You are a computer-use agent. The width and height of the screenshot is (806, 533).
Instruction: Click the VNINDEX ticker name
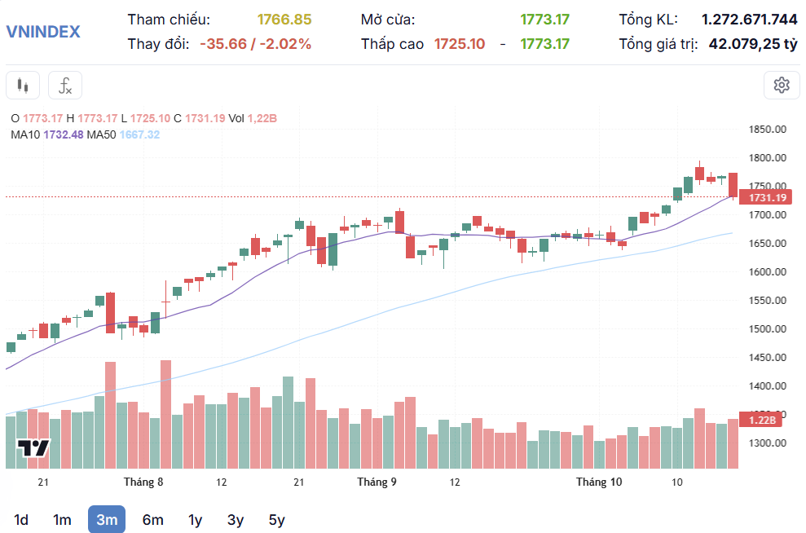click(43, 32)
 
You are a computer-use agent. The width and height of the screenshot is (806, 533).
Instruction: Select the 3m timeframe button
click(107, 519)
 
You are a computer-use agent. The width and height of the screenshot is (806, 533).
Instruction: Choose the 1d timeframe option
click(22, 519)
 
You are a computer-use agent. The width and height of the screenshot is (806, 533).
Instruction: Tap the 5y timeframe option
click(277, 519)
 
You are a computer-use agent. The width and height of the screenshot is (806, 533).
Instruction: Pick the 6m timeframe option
click(152, 519)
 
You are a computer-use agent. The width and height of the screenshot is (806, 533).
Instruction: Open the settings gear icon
click(782, 85)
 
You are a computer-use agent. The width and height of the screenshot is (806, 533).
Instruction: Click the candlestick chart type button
click(23, 85)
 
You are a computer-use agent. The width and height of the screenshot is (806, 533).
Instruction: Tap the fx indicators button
click(65, 85)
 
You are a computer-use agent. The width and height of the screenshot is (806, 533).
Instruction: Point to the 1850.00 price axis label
click(767, 130)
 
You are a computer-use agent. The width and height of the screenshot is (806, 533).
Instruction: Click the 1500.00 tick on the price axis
click(767, 329)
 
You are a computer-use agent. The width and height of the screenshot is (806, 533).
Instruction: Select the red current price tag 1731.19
click(767, 197)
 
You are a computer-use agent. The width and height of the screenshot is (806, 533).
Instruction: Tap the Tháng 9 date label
click(377, 482)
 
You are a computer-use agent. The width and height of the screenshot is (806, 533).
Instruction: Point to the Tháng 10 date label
click(599, 482)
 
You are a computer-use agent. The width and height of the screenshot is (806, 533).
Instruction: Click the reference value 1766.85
click(284, 20)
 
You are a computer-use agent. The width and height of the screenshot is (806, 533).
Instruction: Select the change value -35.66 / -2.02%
click(255, 44)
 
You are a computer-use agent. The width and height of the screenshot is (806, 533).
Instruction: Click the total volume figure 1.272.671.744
click(749, 20)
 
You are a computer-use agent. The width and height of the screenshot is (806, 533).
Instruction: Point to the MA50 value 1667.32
click(140, 134)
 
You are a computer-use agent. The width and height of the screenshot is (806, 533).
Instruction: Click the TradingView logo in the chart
click(33, 448)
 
